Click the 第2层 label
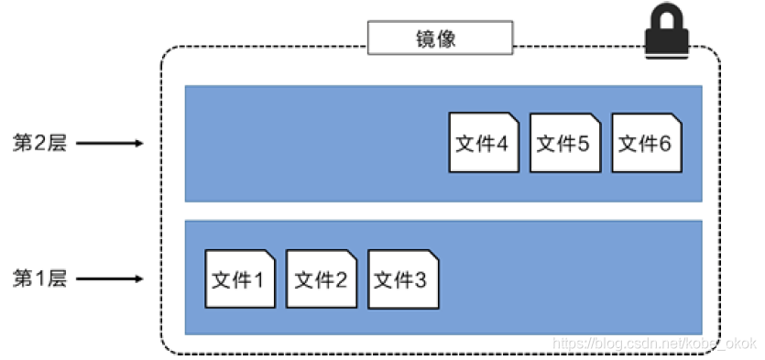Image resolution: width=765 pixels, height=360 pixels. pos(39,143)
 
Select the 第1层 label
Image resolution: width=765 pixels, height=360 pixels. pos(39,278)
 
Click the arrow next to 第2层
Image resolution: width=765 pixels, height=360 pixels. pos(108,143)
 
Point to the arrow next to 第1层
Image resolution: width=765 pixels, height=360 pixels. pos(108,278)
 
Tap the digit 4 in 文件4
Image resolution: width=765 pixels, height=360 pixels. pos(502,144)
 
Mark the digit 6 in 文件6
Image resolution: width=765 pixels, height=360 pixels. pos(664,144)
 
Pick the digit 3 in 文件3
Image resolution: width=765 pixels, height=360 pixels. pos(421,279)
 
